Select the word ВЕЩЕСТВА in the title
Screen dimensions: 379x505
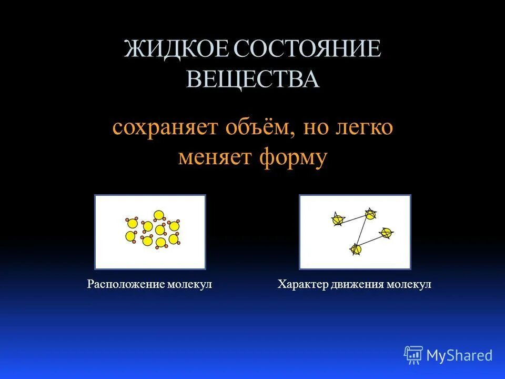pos(253,79)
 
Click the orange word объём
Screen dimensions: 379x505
pos(257,128)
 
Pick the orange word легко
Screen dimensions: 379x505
pos(363,128)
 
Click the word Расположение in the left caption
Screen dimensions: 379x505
pos(125,284)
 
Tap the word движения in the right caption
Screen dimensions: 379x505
pos(358,284)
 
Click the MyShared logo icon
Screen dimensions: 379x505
pos(413,355)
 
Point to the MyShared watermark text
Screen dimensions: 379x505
pos(459,355)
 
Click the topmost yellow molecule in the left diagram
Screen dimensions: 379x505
pos(158,215)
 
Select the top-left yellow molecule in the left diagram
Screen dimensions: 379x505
pos(133,224)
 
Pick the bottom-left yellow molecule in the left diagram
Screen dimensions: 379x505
pos(130,236)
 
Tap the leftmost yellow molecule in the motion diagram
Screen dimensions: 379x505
pos(338,220)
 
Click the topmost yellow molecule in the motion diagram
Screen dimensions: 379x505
pos(370,214)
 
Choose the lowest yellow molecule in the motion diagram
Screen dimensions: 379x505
pos(356,249)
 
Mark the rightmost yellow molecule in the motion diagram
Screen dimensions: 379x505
pos(386,232)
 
